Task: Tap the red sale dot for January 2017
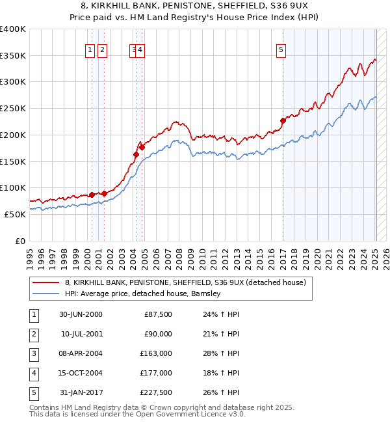pos(283,120)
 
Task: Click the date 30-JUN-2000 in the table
pos(81,314)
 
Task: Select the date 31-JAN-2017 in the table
pos(81,392)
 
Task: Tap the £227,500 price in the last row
pos(156,392)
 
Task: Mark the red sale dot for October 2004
pos(142,147)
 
